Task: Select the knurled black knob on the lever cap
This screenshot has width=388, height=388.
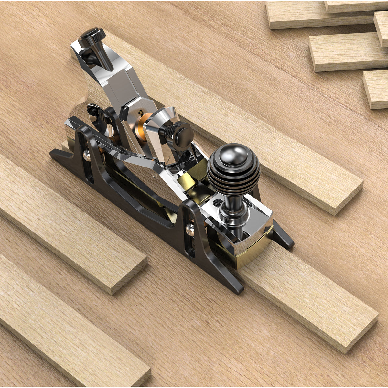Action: pos(178,134)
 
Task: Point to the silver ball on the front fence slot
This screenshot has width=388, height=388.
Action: pos(189,230)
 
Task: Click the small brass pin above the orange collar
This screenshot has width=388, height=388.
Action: pos(140,112)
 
